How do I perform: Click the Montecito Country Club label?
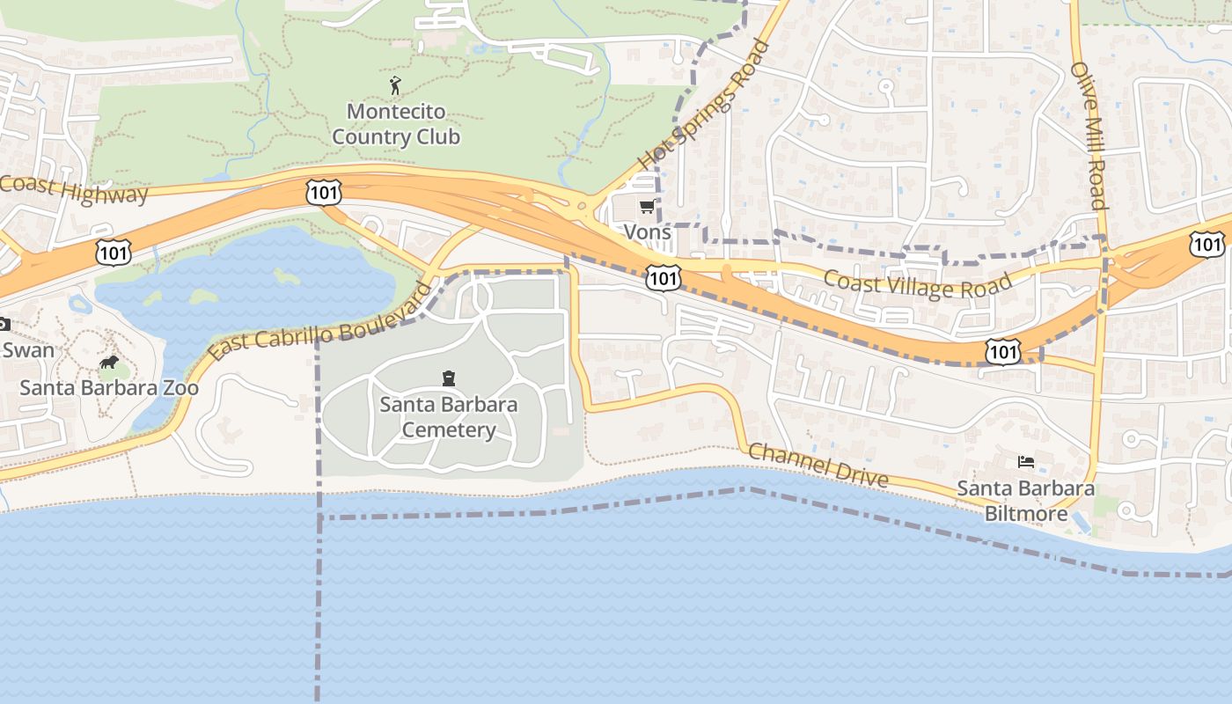396,124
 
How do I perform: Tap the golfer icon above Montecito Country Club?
395,85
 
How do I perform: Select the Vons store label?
647,231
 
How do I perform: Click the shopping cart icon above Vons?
647,207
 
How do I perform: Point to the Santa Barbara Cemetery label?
449,417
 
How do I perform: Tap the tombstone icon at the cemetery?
449,378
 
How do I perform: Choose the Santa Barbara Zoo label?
109,387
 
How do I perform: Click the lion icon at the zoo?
109,362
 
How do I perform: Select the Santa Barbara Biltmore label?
1025,501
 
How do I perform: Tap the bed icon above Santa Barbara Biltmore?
1025,461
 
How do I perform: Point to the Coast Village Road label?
918,284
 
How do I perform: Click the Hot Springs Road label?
704,104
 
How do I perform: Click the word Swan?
28,349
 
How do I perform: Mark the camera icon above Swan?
4,324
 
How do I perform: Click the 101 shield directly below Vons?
662,279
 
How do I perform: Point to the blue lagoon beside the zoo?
255,282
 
